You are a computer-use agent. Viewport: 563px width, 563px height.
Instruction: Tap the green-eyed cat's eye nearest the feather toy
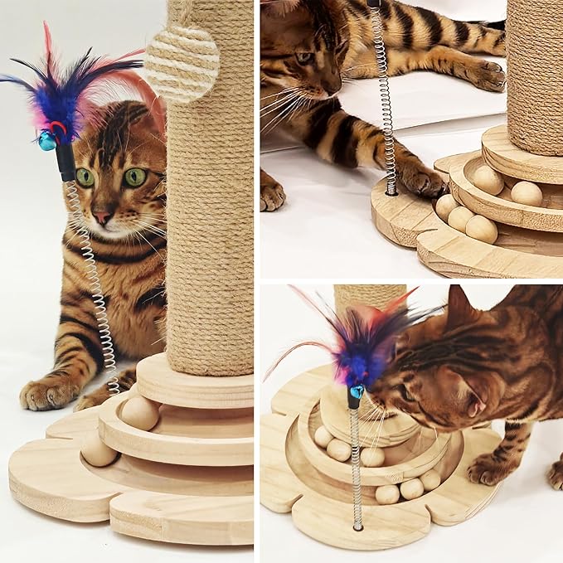click(85, 177)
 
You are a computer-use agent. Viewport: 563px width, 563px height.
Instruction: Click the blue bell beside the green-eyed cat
click(47, 141)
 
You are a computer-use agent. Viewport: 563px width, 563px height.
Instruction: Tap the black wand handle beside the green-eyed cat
click(66, 162)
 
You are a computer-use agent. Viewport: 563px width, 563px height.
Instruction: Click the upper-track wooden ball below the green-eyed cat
click(139, 412)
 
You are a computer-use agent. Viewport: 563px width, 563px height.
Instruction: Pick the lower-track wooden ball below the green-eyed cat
click(99, 449)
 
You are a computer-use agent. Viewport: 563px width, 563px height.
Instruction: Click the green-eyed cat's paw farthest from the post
click(42, 394)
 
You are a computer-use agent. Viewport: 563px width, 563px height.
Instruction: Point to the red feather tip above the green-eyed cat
click(47, 37)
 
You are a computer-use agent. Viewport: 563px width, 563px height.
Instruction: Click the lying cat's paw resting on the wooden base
click(422, 180)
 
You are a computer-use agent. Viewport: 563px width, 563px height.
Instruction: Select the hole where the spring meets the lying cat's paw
click(391, 192)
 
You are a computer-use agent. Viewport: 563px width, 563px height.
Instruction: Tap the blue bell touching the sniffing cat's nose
click(357, 391)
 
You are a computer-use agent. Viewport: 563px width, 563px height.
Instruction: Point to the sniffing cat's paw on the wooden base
click(487, 469)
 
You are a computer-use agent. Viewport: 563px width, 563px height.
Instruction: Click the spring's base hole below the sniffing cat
click(357, 526)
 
